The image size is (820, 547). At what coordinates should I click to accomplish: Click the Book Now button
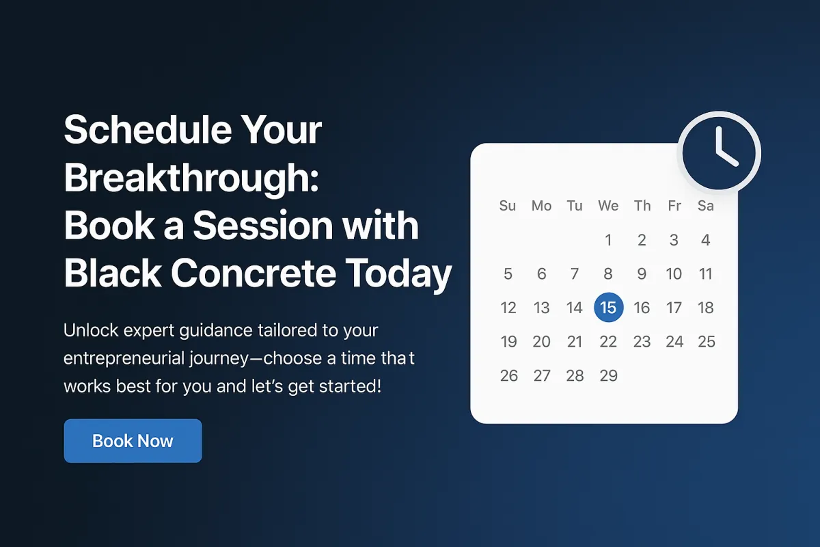[133, 441]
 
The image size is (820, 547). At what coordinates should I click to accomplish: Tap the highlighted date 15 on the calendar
[608, 308]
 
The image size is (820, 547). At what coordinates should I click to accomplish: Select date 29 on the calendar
[608, 375]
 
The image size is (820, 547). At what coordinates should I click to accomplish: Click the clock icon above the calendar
[720, 153]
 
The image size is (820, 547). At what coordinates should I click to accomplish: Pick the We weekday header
[608, 206]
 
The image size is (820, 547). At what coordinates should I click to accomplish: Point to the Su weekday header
[508, 206]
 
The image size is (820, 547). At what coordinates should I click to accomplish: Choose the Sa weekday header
[706, 206]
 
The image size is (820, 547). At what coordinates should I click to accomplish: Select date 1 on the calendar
[608, 240]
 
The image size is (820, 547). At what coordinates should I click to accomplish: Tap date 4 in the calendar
[706, 240]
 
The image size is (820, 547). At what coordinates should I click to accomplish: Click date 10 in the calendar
[674, 273]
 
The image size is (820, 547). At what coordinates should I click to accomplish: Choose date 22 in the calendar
[608, 341]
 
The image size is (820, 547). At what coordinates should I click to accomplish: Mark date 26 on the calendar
[509, 375]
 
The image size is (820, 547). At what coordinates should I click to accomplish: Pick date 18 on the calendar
[706, 308]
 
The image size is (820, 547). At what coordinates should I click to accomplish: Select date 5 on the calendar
[508, 273]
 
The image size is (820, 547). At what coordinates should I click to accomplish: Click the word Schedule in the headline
[148, 130]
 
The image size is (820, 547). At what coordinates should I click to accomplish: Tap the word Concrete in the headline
[254, 273]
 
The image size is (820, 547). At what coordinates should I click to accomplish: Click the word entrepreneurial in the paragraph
[124, 358]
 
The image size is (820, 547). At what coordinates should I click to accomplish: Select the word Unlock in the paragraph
[91, 330]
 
